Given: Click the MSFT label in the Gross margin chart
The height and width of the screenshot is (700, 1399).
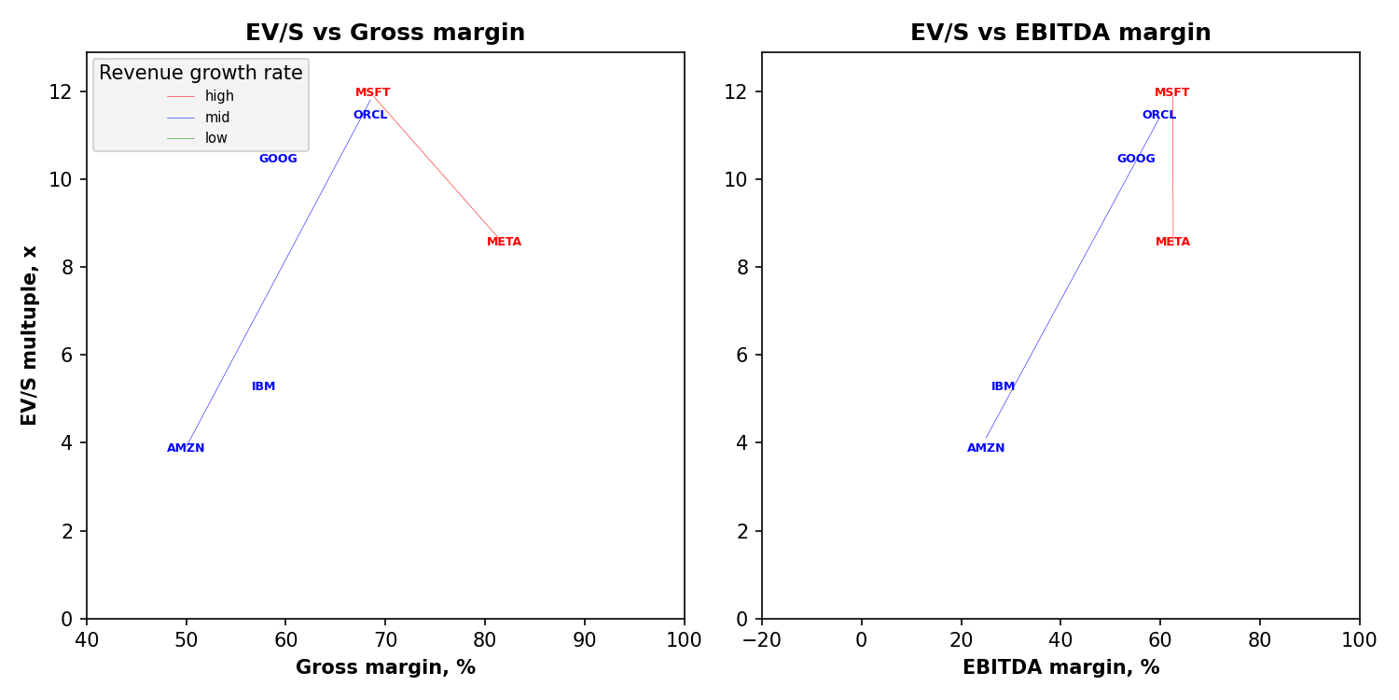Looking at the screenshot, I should click(x=373, y=92).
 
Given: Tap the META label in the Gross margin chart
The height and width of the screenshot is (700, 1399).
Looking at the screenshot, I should click(x=505, y=242).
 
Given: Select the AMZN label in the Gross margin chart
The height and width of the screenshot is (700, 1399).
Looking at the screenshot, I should click(x=186, y=448).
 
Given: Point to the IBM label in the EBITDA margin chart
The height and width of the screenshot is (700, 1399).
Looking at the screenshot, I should click(x=1004, y=386).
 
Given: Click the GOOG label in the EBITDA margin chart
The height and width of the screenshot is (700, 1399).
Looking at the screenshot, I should click(x=1136, y=159).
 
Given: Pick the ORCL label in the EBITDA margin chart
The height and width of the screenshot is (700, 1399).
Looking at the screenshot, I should click(x=1159, y=115).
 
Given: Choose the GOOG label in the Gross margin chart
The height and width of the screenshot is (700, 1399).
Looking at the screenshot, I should click(x=278, y=159).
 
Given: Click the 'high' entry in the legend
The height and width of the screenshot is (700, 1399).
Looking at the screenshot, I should click(x=219, y=96).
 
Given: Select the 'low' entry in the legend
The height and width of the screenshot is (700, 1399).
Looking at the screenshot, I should click(x=216, y=138).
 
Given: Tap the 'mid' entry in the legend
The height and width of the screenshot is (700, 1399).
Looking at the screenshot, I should click(x=217, y=118).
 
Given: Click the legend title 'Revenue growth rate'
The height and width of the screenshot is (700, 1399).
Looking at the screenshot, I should click(x=201, y=73).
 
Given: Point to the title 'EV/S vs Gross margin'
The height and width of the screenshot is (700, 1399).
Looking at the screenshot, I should click(x=385, y=33).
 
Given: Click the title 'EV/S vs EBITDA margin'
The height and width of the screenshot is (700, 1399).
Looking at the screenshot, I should click(x=1060, y=33).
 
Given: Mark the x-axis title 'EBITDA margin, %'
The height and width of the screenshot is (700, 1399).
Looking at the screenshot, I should click(x=1060, y=667).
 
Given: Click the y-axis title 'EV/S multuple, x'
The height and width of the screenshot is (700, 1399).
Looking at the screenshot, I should click(x=30, y=335).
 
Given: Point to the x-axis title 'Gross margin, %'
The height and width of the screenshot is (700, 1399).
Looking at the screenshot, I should click(x=385, y=667).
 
